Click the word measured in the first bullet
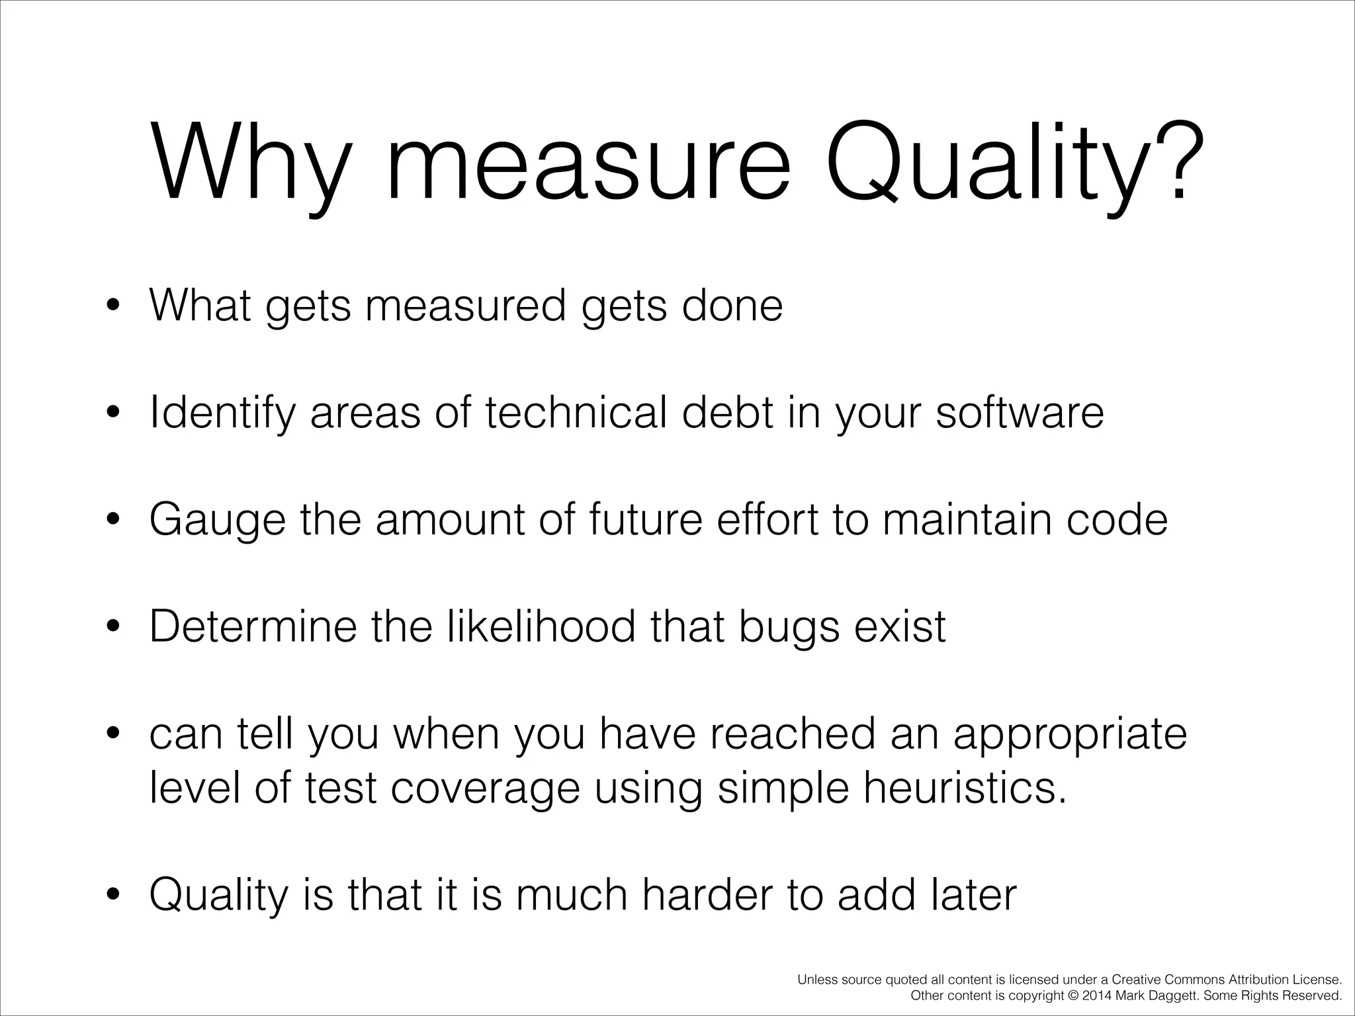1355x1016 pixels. point(466,306)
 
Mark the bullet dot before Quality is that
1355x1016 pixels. point(113,897)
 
